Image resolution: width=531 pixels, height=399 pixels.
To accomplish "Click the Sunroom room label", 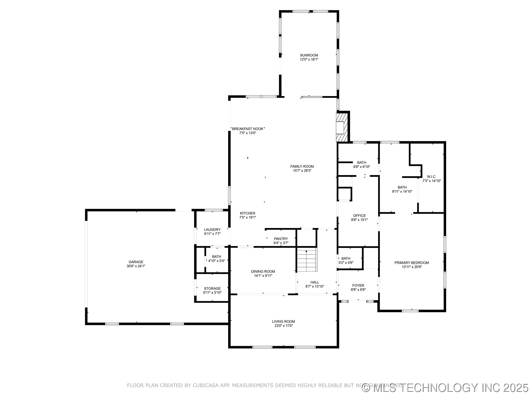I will click(309, 55).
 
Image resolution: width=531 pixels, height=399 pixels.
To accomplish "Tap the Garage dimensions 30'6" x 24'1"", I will click(136, 266).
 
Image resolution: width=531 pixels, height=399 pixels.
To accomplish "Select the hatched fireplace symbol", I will click(342, 127).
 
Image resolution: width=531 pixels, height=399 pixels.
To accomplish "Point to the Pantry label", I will click(281, 239).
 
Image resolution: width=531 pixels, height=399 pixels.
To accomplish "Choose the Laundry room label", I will click(212, 229).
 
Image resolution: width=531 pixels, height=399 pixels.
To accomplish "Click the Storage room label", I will click(212, 288).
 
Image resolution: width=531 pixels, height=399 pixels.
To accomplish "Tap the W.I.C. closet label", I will click(431, 177).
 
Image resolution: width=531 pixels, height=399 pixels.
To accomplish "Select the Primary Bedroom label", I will click(412, 263).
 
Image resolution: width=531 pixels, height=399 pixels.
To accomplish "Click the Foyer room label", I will click(358, 285).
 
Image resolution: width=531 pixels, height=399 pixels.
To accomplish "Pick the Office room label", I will click(359, 216).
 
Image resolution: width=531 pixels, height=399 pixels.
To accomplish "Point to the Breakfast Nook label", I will click(248, 129).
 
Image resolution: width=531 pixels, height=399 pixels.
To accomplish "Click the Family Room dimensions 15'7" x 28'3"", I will click(302, 171).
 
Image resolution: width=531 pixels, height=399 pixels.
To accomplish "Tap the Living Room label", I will click(283, 321).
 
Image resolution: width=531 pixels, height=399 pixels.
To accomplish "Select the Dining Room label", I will click(263, 272).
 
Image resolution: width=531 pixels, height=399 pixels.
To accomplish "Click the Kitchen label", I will click(248, 213).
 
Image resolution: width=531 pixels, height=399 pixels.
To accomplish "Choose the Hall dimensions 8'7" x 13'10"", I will click(314, 287).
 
